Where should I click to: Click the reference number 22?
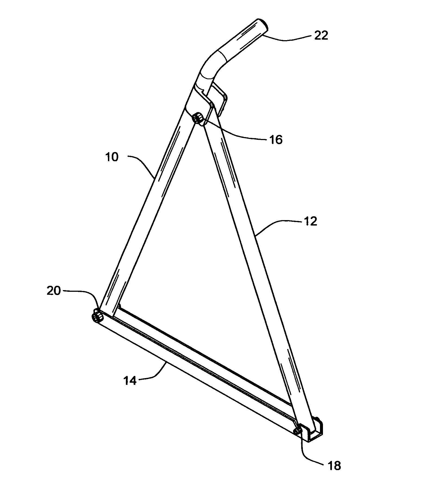click(321, 36)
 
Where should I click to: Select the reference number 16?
click(276, 140)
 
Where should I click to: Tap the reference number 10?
click(112, 157)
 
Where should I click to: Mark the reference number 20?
click(54, 291)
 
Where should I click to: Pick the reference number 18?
click(334, 466)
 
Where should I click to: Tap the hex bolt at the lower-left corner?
click(97, 317)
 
